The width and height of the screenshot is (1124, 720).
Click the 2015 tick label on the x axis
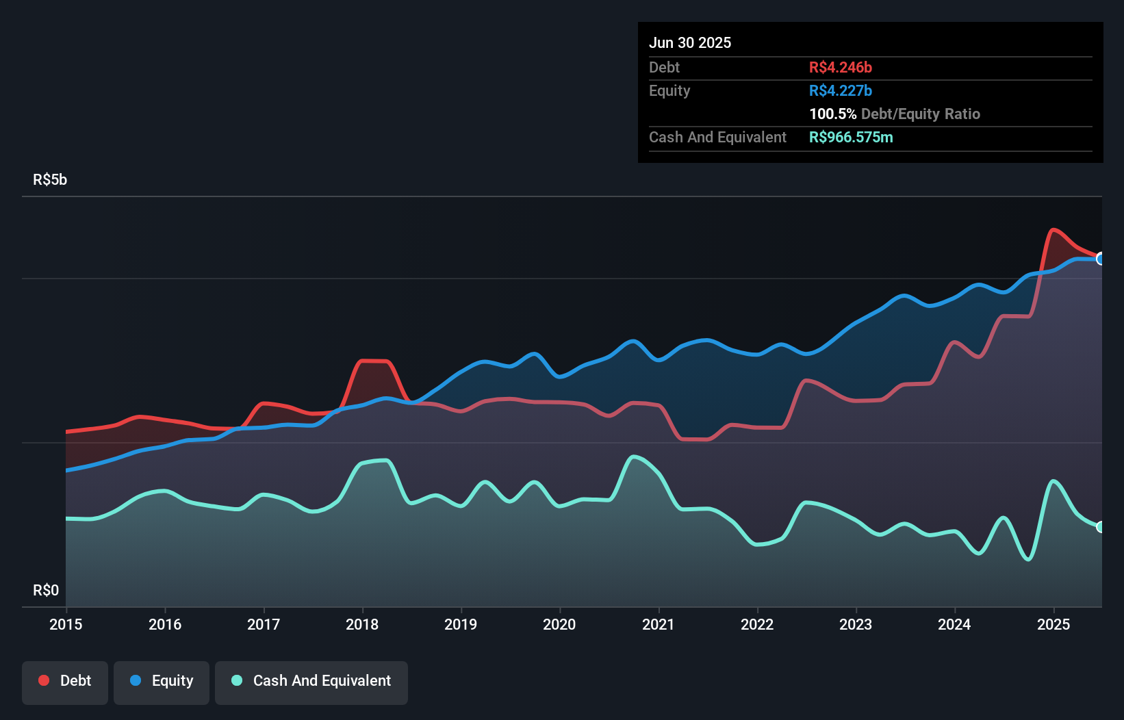pyautogui.click(x=66, y=624)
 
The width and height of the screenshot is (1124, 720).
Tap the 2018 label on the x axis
pyautogui.click(x=362, y=624)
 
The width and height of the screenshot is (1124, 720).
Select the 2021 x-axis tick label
pyautogui.click(x=658, y=624)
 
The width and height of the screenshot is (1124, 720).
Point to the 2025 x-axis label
pyautogui.click(x=1053, y=624)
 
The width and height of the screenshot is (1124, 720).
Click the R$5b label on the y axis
pyautogui.click(x=50, y=180)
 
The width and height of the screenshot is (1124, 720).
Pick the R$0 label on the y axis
pyautogui.click(x=46, y=590)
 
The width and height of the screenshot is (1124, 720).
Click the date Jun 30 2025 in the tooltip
pyautogui.click(x=690, y=42)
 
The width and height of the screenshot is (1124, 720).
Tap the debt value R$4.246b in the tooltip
pyautogui.click(x=840, y=67)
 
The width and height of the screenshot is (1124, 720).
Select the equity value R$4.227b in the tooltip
pyautogui.click(x=840, y=90)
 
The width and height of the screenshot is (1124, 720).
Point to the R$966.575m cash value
pyautogui.click(x=850, y=137)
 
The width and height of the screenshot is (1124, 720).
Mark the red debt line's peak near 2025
pyautogui.click(x=1053, y=229)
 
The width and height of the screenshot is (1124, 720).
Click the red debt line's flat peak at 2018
pyautogui.click(x=374, y=361)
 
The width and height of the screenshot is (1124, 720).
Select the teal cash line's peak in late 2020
pyautogui.click(x=633, y=457)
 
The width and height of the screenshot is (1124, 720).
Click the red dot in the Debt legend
pyautogui.click(x=44, y=680)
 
